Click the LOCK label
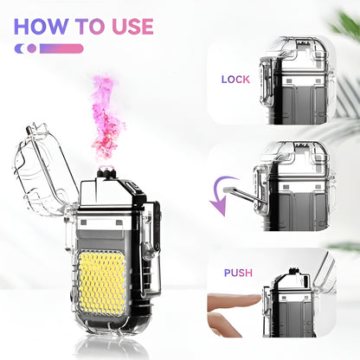(235, 79)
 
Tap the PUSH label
(238, 273)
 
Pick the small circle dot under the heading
(32, 48)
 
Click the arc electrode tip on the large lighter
(106, 170)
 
